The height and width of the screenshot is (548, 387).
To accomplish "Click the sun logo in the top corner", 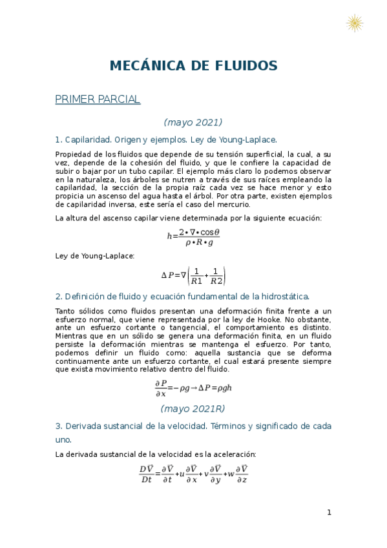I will point(354,23).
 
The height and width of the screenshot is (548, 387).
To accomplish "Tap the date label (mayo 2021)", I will point(193,122).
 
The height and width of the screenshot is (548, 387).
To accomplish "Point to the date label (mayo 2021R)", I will point(193,408).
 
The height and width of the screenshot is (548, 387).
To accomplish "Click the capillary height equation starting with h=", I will point(193,236).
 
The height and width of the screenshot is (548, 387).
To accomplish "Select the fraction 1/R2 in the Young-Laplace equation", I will point(216,276).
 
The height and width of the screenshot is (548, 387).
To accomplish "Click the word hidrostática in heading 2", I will point(284,297).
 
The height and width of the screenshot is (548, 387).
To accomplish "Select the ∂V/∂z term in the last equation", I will point(242,474).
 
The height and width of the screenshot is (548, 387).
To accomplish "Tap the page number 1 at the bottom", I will point(329,513).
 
